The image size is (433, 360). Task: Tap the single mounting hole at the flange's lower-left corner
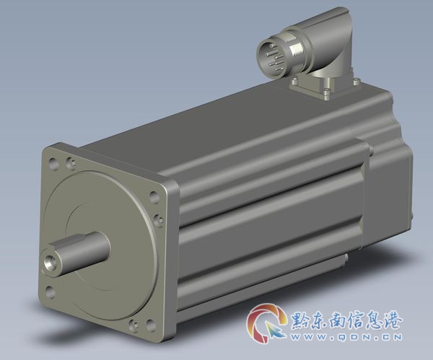pos(50,291)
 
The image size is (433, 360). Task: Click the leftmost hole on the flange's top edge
pos(53,162)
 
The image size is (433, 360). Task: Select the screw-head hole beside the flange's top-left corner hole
pos(70,162)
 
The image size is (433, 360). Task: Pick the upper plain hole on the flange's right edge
pos(154,197)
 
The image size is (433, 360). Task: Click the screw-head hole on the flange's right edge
pos(157,219)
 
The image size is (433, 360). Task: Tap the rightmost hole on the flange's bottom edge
pos(150,325)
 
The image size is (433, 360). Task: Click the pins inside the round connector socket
pos(274,58)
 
